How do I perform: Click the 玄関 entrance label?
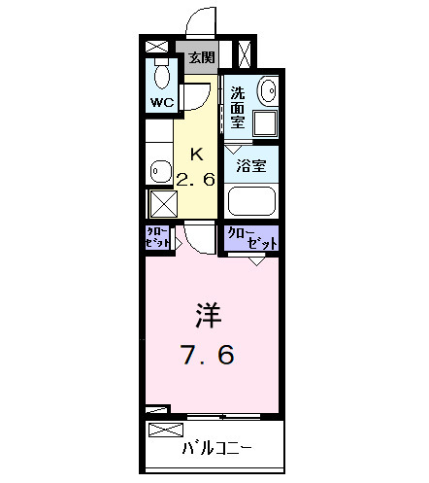pyautogui.click(x=201, y=58)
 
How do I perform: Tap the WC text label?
pyautogui.click(x=160, y=100)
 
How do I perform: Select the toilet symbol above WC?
pyautogui.click(x=161, y=73)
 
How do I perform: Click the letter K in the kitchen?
pyautogui.click(x=196, y=154)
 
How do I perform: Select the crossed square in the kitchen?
pyautogui.click(x=159, y=203)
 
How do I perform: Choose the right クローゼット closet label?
pyautogui.click(x=251, y=238)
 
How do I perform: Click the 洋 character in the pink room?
pyautogui.click(x=208, y=317)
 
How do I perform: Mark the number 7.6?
pyautogui.click(x=208, y=355)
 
